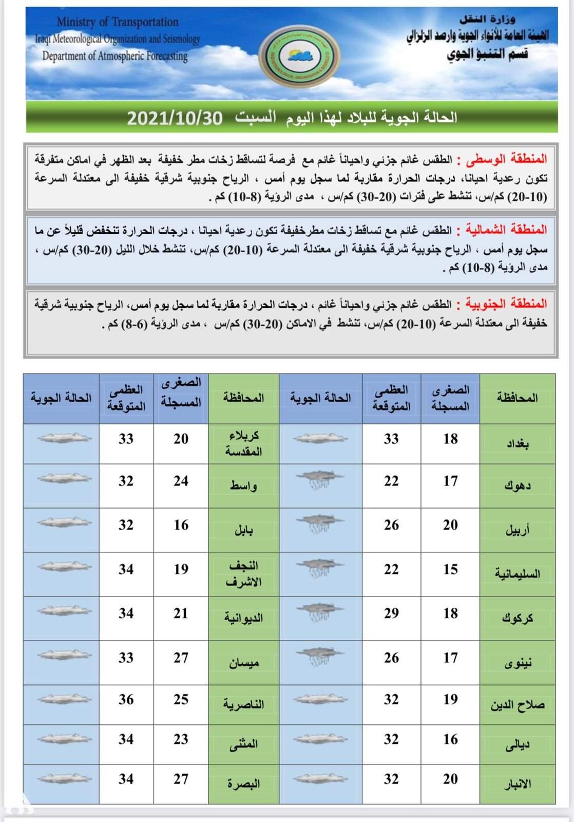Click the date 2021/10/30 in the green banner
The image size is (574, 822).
pos(175,118)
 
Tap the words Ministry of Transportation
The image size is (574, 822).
pos(118,22)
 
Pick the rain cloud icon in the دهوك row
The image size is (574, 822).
pos(320,479)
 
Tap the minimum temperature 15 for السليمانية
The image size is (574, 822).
pos(450,569)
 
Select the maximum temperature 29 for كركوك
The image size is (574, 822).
pos(391,613)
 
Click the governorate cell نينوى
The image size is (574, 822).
pos(517,662)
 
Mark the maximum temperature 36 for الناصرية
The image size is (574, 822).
pos(126,699)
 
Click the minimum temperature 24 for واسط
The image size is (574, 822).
pos(181,481)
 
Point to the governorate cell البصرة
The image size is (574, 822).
pos(244,784)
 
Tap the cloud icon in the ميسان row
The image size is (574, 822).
pos(65,655)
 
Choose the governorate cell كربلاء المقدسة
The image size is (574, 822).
pos(244,443)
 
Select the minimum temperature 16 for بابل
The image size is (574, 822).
pos(181,525)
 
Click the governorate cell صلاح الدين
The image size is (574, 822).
pos(517,705)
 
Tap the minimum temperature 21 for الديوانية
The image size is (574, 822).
pos(181,613)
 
